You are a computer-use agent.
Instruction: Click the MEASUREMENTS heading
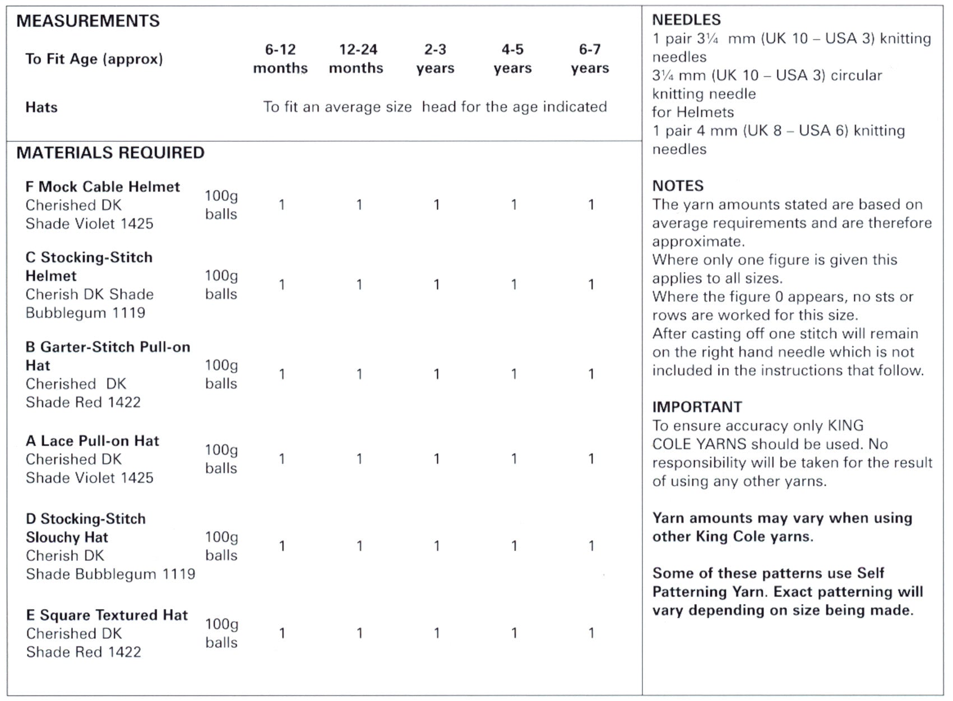[88, 21]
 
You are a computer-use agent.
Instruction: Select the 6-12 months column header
[280, 59]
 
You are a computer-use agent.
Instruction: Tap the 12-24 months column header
[357, 59]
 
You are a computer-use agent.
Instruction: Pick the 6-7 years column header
[590, 59]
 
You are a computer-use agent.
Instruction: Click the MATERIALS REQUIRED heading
[110, 153]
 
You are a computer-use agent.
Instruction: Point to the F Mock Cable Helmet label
[103, 187]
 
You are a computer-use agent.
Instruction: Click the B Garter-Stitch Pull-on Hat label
[108, 356]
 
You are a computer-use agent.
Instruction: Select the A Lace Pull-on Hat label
[92, 441]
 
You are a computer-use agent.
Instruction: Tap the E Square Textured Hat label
[107, 615]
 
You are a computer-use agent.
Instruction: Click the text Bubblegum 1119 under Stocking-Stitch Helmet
[85, 313]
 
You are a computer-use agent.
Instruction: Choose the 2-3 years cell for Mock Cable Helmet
[436, 205]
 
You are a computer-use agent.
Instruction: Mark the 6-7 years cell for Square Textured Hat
[591, 633]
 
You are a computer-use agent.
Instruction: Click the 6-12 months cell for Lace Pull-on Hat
[282, 459]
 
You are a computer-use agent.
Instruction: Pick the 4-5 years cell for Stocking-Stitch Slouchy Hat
[513, 546]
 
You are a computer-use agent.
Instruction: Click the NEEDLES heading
[686, 20]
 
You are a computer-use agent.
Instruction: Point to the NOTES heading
[678, 186]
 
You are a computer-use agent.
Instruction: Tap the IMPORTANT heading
[697, 407]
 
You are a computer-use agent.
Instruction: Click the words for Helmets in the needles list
[693, 112]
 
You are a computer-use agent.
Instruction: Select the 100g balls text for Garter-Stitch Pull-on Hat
[221, 374]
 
